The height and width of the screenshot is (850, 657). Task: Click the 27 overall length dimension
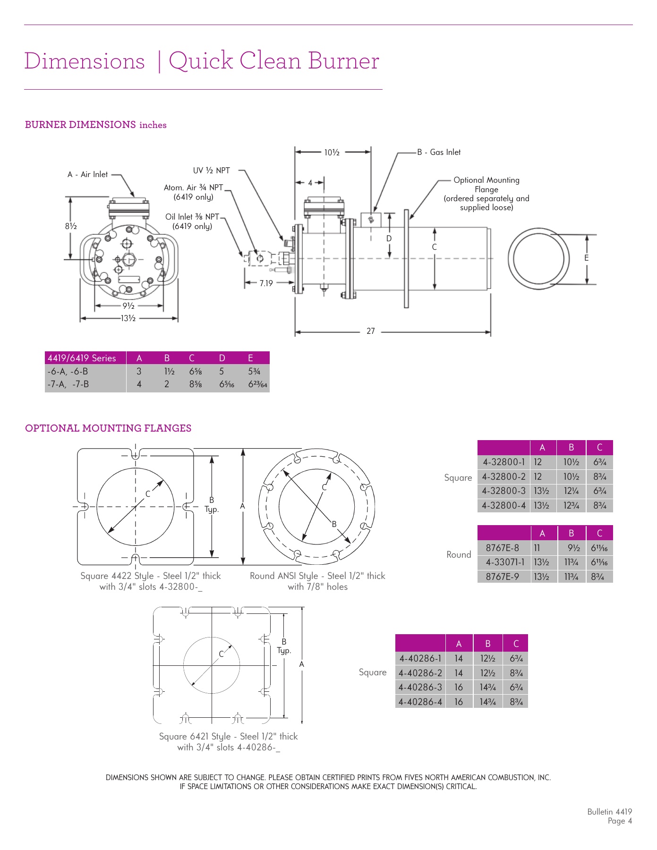coord(370,331)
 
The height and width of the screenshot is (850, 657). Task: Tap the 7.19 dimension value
coord(266,283)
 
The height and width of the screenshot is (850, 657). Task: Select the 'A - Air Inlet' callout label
coord(87,174)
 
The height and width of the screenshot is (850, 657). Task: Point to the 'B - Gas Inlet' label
coord(438,152)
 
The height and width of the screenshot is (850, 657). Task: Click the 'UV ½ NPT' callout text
coord(211,170)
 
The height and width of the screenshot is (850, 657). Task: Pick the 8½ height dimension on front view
coord(71,226)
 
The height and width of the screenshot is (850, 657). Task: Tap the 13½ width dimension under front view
coord(128,318)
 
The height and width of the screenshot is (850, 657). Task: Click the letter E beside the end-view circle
coord(586,258)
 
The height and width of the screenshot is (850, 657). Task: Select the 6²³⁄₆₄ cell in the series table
coord(257,384)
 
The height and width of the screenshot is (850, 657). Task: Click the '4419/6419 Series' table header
coord(82,358)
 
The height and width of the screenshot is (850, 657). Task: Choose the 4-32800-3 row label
coord(503,491)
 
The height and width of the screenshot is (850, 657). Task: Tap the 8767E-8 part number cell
coord(502,548)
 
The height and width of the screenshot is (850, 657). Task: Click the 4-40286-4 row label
coord(420,702)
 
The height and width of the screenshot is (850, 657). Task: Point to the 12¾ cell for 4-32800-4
coord(571,506)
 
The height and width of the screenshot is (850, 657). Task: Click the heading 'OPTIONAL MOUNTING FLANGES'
coord(108,428)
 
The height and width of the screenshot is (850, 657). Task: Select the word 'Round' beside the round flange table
coord(459,554)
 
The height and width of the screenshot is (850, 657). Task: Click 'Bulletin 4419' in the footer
coord(609,812)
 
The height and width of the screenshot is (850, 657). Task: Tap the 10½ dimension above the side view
coord(332,153)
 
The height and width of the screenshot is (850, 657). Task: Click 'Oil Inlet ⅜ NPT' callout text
coord(192,217)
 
